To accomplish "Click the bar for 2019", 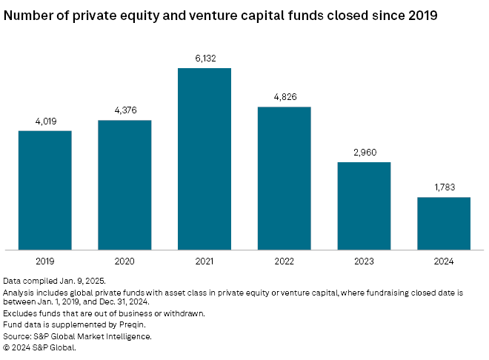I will (x=44, y=190).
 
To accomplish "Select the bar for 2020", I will (x=124, y=185).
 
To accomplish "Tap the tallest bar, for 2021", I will (x=204, y=159).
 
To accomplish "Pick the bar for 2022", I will (x=284, y=179).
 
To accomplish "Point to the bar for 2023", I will (x=364, y=206).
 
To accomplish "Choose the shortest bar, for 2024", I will (x=444, y=224).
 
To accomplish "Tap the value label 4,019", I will (x=44, y=121).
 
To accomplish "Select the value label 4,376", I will (x=124, y=111).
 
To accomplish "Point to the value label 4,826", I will (x=284, y=98).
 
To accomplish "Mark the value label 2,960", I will (x=364, y=153).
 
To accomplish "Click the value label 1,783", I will (x=444, y=187).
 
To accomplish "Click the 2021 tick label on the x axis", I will (x=204, y=261).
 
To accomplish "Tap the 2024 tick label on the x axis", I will (x=444, y=261).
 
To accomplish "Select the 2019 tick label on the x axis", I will (x=44, y=261).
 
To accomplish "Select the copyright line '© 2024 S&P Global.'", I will (x=39, y=346).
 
